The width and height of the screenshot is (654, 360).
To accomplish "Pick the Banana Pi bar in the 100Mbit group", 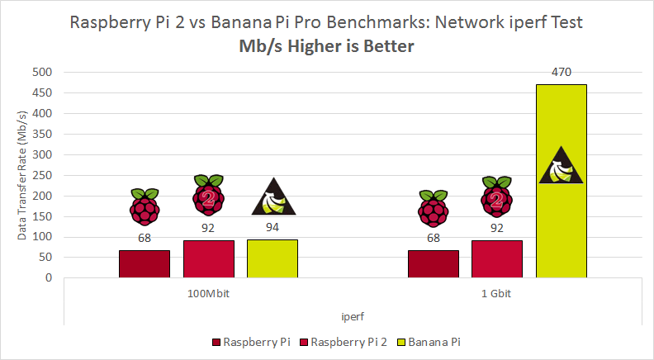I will (272, 258).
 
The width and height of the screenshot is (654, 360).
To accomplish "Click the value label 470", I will (562, 73).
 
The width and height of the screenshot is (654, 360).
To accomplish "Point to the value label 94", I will (272, 227).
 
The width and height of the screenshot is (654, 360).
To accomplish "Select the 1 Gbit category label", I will (497, 294).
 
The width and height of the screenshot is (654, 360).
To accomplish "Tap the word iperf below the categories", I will (353, 316).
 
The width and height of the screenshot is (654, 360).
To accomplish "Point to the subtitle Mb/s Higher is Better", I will (327, 47).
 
